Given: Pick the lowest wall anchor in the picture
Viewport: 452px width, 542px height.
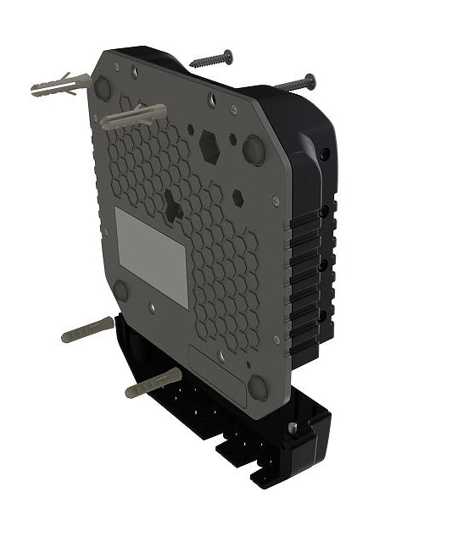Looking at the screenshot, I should (153, 383).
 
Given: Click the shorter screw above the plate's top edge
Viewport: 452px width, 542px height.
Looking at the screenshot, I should (211, 59).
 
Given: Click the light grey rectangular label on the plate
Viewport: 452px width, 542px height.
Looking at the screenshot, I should (151, 256).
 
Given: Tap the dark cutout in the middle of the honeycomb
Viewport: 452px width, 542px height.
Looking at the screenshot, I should (173, 204).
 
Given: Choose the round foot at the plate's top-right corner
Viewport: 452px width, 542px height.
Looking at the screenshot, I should (254, 150).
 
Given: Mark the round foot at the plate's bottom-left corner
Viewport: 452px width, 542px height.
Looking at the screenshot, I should (121, 290).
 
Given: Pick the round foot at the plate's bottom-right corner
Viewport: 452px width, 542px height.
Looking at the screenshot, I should (258, 388).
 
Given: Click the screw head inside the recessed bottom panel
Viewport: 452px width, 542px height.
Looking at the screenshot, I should (220, 357).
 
